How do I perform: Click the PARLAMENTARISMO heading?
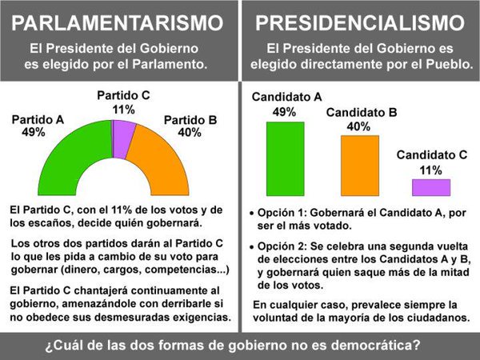click(x=118, y=19)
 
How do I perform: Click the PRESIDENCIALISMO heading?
click(x=360, y=19)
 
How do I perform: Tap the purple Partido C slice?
click(x=123, y=137)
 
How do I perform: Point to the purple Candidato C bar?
click(x=430, y=187)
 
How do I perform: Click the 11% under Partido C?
click(x=123, y=110)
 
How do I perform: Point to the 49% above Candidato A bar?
click(x=285, y=112)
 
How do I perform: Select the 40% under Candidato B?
click(x=358, y=126)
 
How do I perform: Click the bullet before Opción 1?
click(x=251, y=214)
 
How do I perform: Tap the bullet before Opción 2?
click(x=251, y=248)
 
